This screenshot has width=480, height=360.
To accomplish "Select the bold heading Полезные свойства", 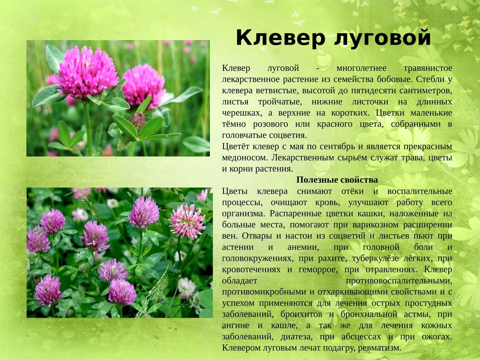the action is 337,180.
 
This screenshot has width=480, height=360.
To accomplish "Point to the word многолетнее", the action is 361,68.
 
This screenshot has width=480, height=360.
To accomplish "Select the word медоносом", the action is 245,158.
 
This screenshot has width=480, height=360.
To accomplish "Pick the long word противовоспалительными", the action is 399,281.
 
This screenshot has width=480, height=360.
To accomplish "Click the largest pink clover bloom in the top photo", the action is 86,72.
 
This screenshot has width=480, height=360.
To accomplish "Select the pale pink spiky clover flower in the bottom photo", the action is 187,221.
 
